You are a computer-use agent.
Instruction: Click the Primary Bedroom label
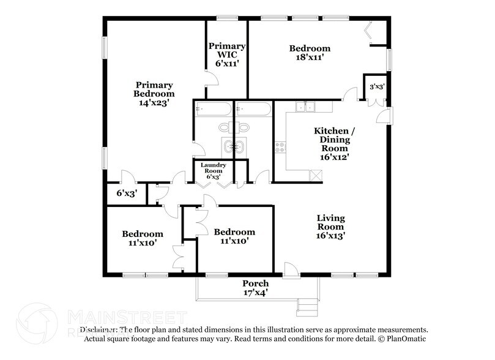pos(154,89)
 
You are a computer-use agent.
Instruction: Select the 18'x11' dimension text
pos(310,58)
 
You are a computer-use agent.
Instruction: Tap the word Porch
pos(255,283)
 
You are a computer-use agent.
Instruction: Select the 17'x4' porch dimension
pos(255,293)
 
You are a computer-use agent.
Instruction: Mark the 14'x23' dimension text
pos(154,103)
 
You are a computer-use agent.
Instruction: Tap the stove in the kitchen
pos(281,147)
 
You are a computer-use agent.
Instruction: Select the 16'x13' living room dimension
pos(330,236)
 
